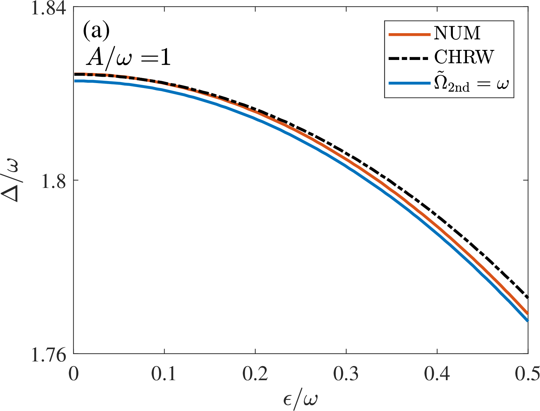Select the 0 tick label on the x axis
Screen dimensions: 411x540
pos(73,374)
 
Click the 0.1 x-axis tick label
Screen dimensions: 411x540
pos(164,374)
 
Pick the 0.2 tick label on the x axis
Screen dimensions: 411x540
pos(255,374)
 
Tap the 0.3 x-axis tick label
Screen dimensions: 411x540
pos(346,374)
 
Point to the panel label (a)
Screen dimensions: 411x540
pos(96,32)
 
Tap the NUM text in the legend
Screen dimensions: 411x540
pos(457,33)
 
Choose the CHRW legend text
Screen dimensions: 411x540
pos(464,57)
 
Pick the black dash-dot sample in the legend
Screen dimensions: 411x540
pos(409,58)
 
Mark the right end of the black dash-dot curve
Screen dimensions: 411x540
pos(528,297)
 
